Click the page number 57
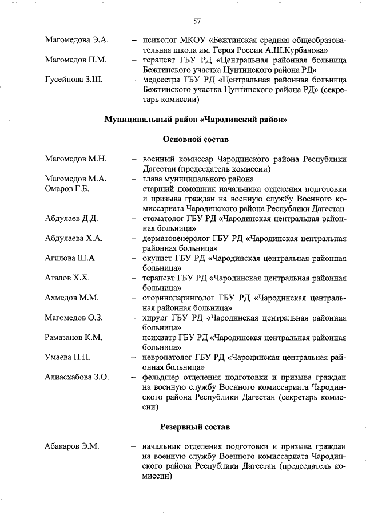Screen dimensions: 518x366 pos(196,21)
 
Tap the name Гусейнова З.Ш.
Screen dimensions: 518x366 pos(74,78)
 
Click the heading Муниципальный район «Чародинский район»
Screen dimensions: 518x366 pos(196,120)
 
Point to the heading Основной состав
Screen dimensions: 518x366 pos(196,139)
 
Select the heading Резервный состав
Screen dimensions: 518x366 pos(196,426)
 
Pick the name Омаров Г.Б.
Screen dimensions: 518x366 pos(67,189)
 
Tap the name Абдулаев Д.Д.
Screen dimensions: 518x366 pos(72,219)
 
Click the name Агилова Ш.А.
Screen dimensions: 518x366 pos(71,258)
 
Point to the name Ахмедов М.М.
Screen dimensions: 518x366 pos(72,298)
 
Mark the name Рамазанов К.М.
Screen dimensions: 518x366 pos(74,338)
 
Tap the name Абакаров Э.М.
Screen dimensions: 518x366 pos(72,446)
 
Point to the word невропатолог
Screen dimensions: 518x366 pos(167,357)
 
